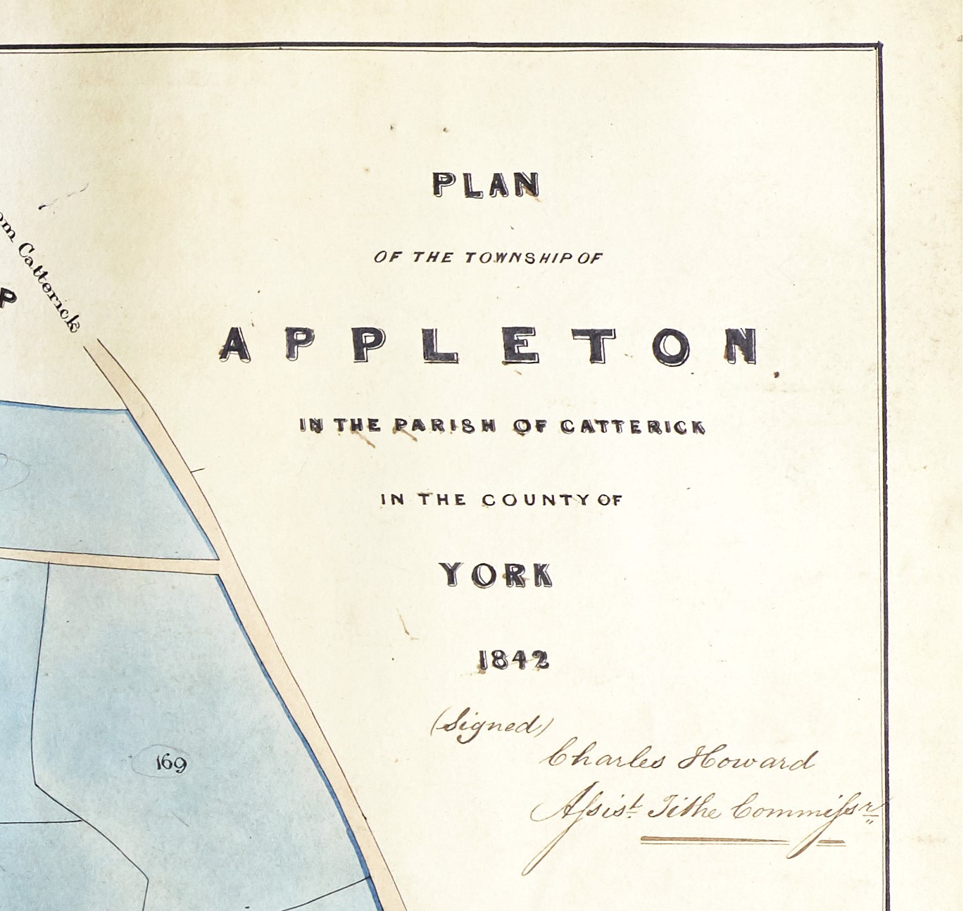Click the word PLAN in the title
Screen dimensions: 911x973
click(486, 184)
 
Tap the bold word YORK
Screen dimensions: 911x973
click(496, 575)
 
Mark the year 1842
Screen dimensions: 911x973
click(513, 660)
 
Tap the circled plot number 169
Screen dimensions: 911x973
click(170, 762)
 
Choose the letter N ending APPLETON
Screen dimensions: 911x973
click(743, 346)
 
